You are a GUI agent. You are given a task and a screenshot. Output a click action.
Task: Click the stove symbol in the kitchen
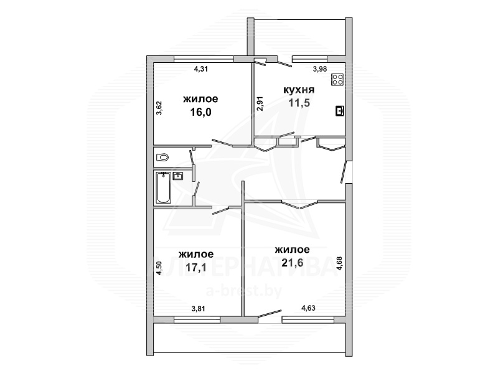[337, 80]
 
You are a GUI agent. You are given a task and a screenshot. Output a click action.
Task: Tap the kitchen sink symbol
[340, 111]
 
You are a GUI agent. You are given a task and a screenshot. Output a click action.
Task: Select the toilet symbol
[162, 158]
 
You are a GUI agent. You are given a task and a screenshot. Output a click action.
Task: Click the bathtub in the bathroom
[164, 187]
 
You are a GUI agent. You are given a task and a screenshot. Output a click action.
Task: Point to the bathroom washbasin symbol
[178, 176]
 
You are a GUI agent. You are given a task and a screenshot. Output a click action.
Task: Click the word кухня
[299, 90]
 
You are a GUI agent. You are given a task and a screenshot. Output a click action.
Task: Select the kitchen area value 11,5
[299, 103]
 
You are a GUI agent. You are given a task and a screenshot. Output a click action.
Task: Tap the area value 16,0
[200, 112]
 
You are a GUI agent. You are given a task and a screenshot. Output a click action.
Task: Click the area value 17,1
[196, 267]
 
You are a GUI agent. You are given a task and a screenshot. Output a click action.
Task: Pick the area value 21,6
[293, 263]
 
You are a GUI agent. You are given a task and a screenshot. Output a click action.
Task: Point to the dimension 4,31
[200, 68]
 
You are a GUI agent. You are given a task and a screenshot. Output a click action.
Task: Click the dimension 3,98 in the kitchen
[320, 69]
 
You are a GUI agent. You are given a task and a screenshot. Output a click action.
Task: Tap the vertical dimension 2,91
[260, 103]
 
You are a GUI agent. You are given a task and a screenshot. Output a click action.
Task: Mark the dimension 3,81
[198, 308]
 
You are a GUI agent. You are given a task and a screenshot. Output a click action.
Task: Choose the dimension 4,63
[308, 308]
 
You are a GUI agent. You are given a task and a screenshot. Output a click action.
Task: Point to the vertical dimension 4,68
[339, 263]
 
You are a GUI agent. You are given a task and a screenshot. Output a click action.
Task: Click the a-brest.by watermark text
[244, 291]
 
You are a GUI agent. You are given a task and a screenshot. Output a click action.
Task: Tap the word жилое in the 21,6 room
[292, 250]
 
